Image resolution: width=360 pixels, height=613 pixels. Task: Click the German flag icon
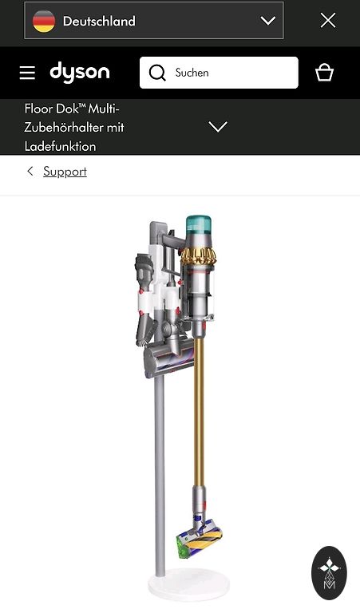pos(44,21)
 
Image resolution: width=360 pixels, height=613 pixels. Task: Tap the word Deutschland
pos(99,21)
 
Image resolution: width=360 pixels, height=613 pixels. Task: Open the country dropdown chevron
pos(267,21)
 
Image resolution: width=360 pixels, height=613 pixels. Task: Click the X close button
pos(328,20)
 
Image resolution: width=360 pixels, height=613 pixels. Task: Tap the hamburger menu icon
pos(27,73)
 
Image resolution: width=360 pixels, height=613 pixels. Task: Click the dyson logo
pos(80,72)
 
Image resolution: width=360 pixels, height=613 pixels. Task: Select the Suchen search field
pos(219,73)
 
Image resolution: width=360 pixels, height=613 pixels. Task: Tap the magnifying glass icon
pos(157,73)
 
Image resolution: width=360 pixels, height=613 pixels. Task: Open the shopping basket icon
pos(324,73)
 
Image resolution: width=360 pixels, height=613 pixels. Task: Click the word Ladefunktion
pos(60,146)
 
